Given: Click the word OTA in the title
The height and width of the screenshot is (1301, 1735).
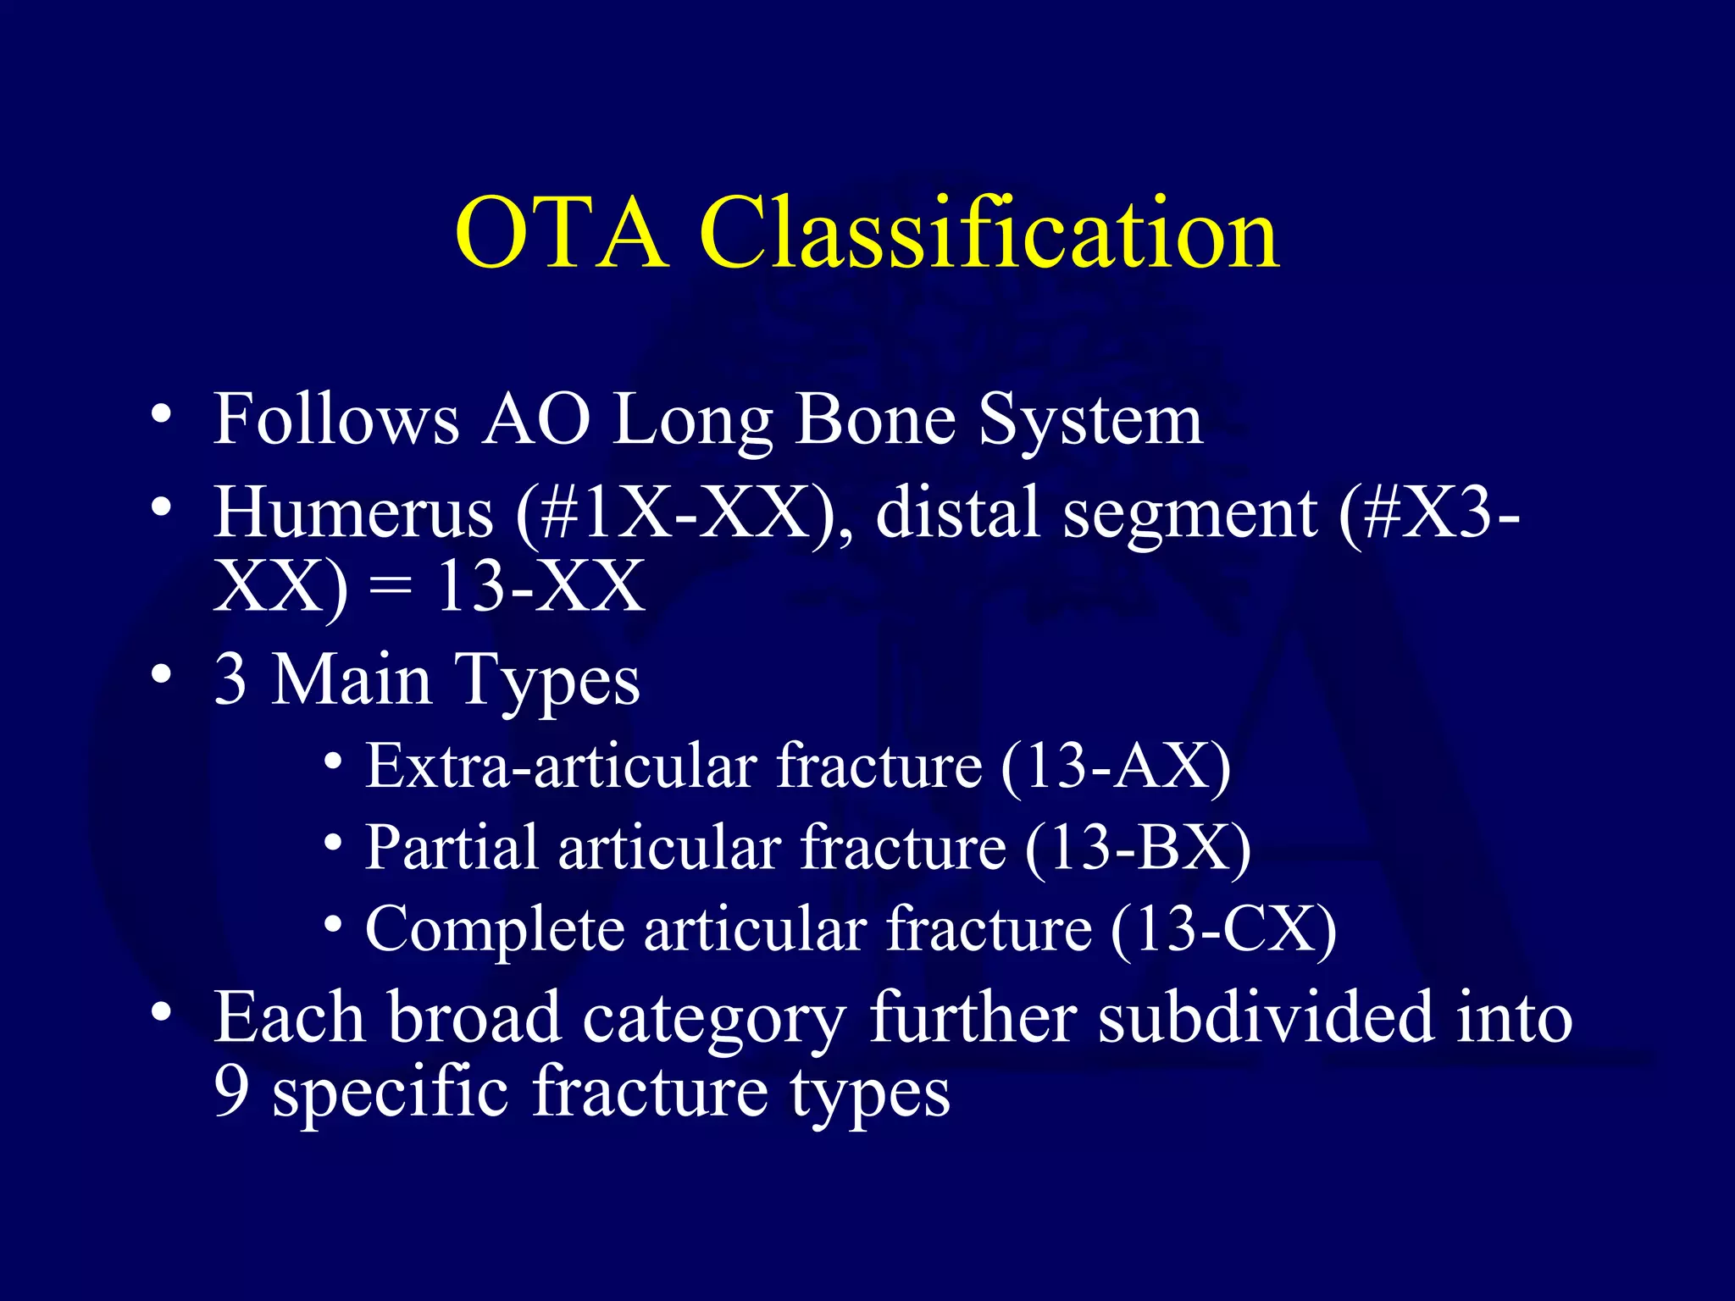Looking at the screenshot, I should click(x=561, y=233).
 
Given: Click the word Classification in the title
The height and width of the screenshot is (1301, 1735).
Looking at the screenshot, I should click(x=989, y=233).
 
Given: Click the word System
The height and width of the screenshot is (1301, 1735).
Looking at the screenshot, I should click(x=1090, y=422).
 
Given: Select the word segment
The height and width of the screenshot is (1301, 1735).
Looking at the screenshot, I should click(x=1189, y=515).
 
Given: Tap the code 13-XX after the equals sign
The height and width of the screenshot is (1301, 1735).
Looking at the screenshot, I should click(x=540, y=586).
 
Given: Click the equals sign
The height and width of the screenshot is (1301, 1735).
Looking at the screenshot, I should click(x=391, y=588).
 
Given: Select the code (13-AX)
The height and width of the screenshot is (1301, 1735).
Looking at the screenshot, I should click(x=1115, y=767).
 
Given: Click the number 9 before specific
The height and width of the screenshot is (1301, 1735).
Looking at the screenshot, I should click(x=231, y=1092).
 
